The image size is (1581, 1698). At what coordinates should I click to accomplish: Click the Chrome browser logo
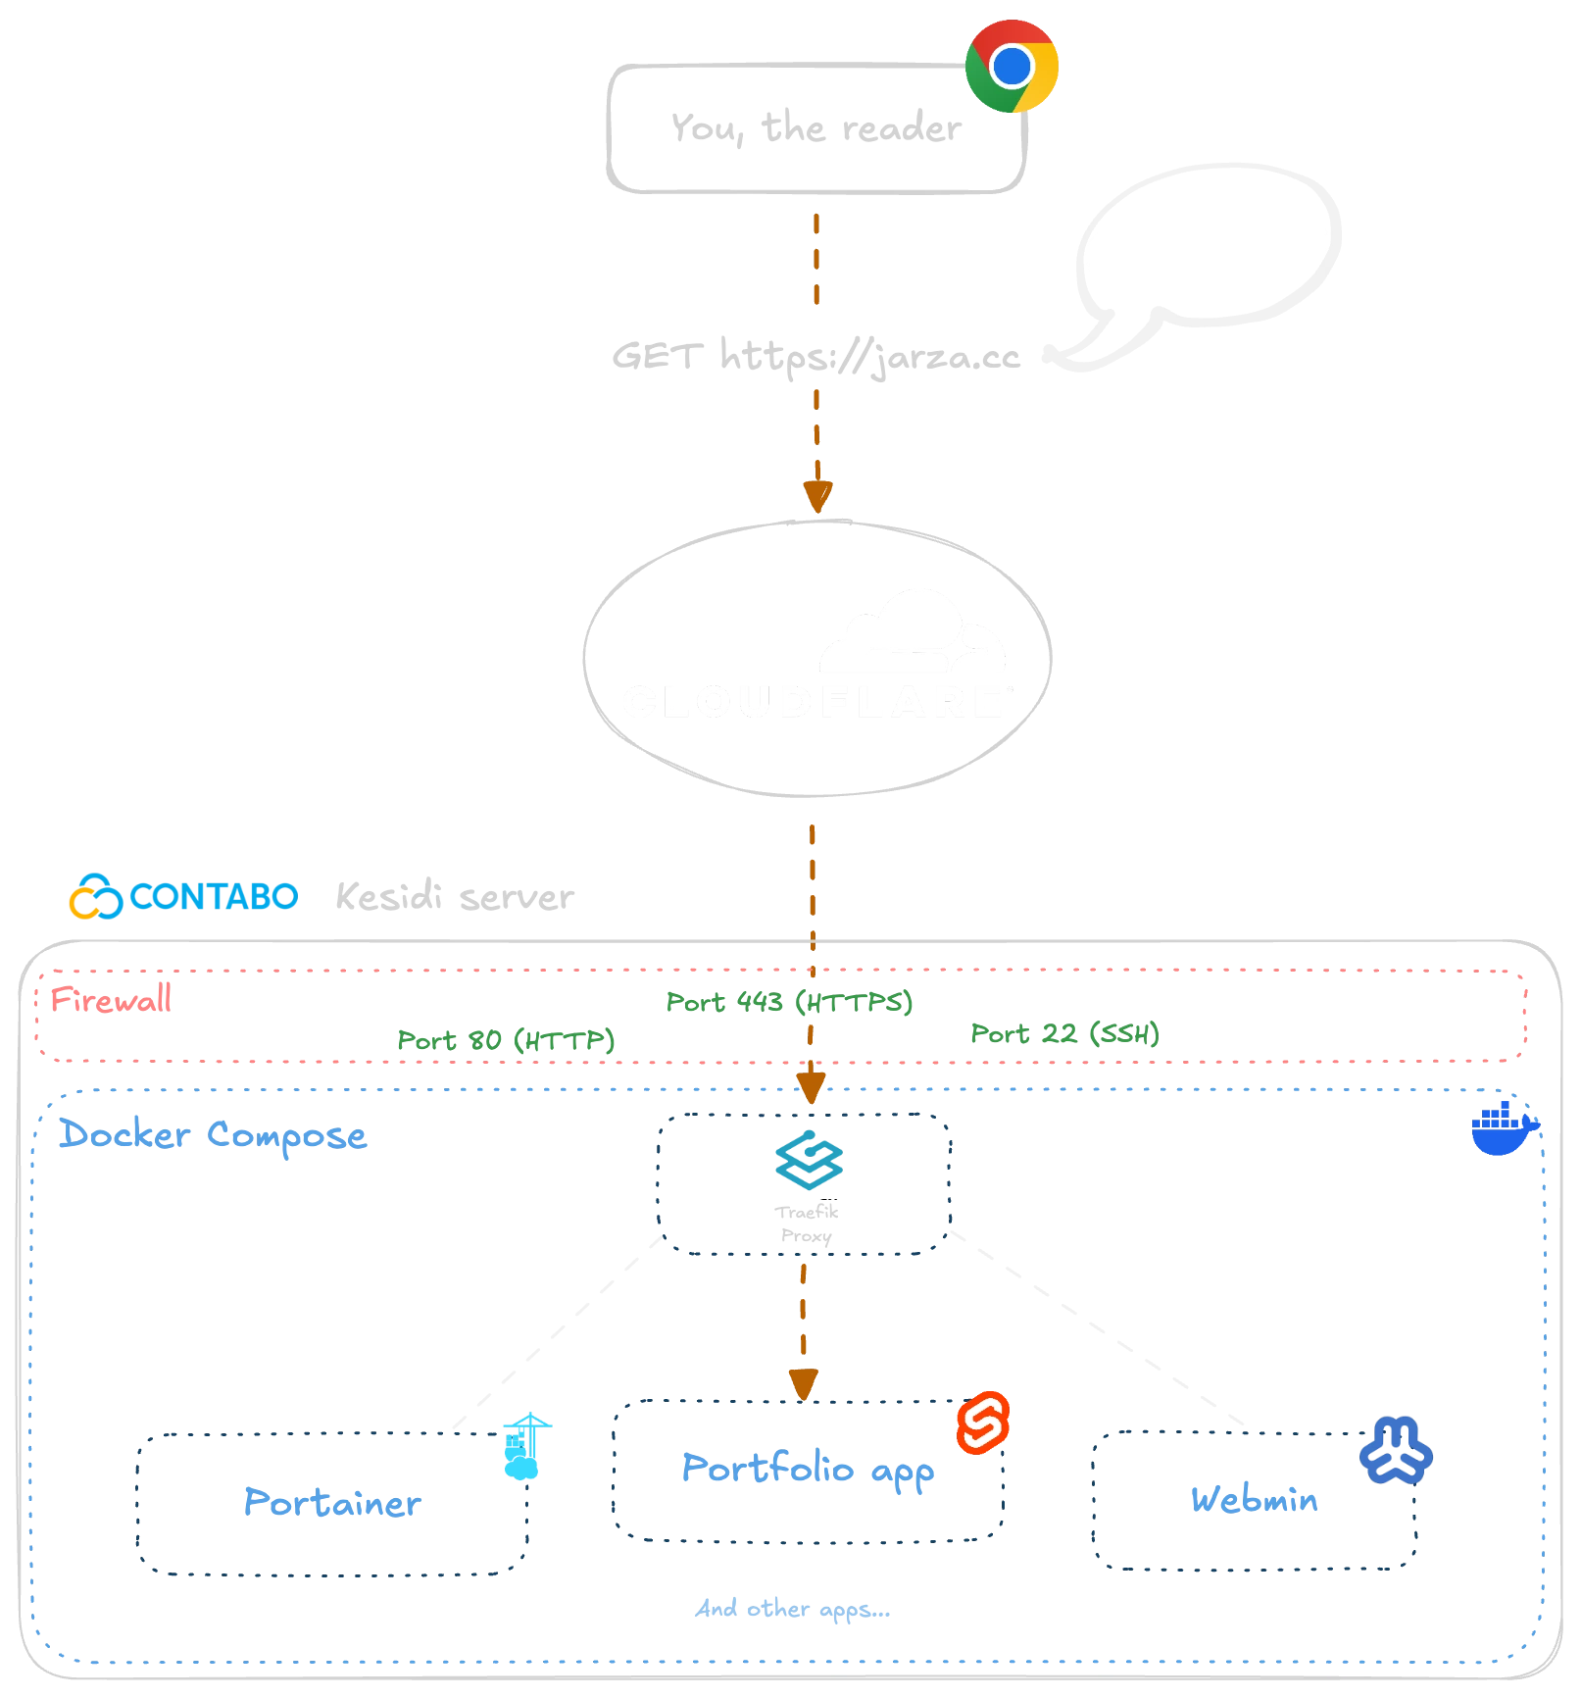1011,67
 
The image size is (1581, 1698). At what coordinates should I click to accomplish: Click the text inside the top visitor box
815,128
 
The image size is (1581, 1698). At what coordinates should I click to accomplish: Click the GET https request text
819,354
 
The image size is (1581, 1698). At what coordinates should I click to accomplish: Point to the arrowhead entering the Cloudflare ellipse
815,495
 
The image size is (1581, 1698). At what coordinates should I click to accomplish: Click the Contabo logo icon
94,896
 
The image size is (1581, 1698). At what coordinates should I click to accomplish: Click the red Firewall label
111,999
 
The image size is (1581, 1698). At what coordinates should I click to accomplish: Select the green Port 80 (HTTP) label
506,1039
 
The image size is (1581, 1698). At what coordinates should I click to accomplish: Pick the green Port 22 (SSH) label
1063,1032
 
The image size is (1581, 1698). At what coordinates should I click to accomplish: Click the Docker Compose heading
213,1135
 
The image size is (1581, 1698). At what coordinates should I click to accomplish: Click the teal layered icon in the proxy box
810,1161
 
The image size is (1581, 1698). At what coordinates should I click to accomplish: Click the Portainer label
331,1502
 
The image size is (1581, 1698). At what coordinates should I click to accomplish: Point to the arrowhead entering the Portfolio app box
803,1383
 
